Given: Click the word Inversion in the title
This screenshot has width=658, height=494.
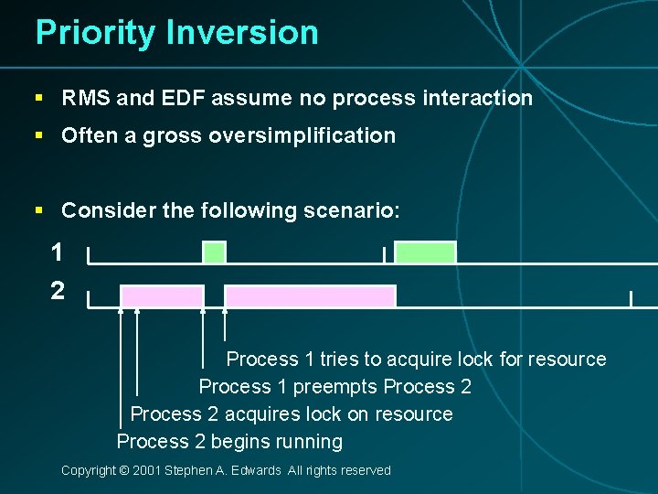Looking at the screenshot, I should pos(242,33).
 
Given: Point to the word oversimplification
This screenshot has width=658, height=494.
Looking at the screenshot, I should pos(302,136).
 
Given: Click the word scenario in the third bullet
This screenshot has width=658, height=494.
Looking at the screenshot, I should pos(351,210).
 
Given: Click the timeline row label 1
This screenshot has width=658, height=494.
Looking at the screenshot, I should pos(58,252).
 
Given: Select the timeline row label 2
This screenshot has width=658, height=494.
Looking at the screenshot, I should pos(58,291).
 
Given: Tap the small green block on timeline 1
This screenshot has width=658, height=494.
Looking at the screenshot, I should pos(214,252).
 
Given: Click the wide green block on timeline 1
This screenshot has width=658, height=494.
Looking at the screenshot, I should pos(424,252).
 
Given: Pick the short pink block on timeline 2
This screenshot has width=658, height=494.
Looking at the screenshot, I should pos(162,296).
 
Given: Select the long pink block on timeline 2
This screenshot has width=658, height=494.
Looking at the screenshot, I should pos(310,296).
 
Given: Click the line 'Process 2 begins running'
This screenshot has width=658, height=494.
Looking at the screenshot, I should pos(229,442).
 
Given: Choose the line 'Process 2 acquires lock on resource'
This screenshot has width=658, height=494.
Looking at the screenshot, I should pos(292,414).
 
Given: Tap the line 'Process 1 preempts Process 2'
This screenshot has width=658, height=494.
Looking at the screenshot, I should pos(334,387).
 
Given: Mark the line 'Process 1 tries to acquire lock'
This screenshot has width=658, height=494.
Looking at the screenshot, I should pos(416,360).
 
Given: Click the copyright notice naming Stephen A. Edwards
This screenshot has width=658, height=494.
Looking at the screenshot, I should pos(226,470).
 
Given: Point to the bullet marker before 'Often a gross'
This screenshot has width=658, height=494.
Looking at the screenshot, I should pos(38,136).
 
